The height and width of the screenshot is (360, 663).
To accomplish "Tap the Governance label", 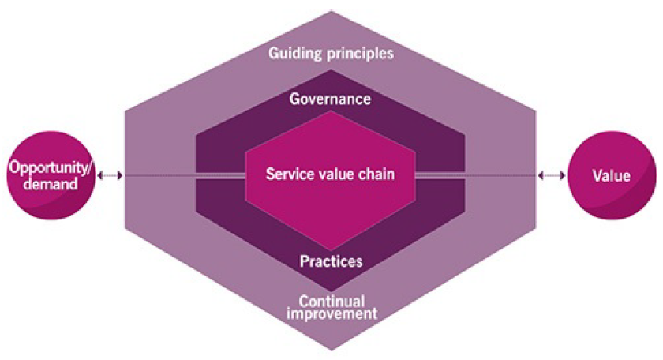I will [330, 99].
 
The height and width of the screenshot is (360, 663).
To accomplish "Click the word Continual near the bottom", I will [331, 301].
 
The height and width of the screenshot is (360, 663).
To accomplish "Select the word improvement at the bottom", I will [331, 313].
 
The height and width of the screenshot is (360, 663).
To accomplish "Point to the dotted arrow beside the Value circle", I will [551, 175].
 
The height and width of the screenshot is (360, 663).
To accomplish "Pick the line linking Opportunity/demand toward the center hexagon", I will [182, 175].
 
